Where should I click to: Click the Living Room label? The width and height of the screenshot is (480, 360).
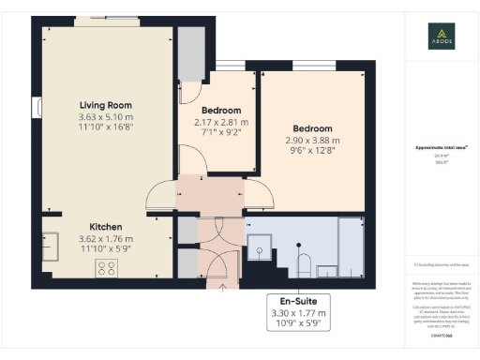[x=105, y=105]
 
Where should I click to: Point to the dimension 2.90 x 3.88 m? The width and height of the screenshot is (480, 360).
[x=312, y=141]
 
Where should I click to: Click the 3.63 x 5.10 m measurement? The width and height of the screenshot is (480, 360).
[x=105, y=117]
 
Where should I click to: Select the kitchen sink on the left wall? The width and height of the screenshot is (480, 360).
[x=50, y=240]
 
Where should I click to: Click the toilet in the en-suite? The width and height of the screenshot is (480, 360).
[x=303, y=262]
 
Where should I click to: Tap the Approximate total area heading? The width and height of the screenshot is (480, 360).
[x=442, y=148]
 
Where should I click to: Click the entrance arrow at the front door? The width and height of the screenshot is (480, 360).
[x=210, y=282]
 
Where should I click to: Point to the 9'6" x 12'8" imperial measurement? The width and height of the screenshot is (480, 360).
[x=312, y=152]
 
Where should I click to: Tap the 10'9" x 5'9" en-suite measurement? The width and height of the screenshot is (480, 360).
[x=295, y=323]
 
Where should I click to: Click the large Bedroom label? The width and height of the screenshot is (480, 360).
[x=312, y=128]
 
